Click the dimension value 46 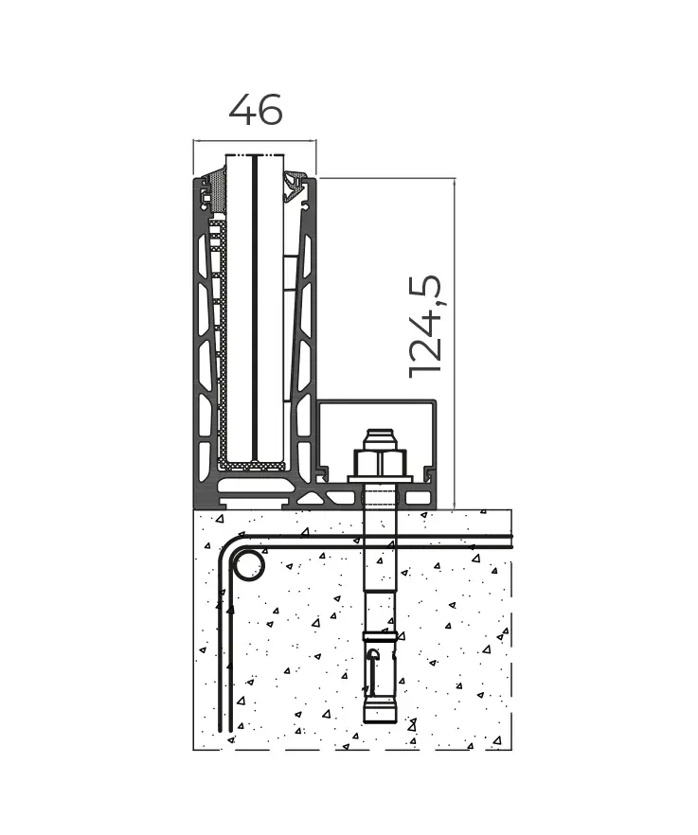tap(255, 111)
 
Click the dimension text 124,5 tap(425, 327)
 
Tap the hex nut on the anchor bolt tap(380, 463)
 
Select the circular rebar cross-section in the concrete tap(249, 566)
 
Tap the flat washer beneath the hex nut tap(380, 480)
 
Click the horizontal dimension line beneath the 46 tap(254, 142)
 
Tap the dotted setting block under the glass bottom tap(253, 466)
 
